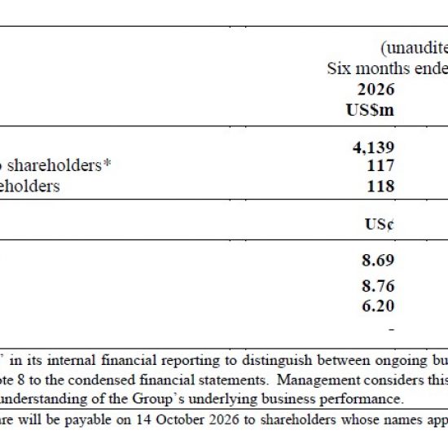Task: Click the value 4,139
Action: [x=373, y=147]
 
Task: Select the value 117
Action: [x=380, y=165]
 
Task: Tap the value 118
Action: [x=380, y=186]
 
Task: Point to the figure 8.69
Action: [x=378, y=260]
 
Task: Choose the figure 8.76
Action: [x=378, y=286]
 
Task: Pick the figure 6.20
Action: [x=378, y=305]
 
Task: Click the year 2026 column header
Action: [x=376, y=89]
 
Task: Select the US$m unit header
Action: [x=370, y=110]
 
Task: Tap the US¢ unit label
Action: [x=380, y=224]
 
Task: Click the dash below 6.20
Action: [x=392, y=329]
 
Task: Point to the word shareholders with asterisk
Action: [x=59, y=165]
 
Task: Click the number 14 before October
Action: [x=143, y=419]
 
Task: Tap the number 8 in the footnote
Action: [x=21, y=380]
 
